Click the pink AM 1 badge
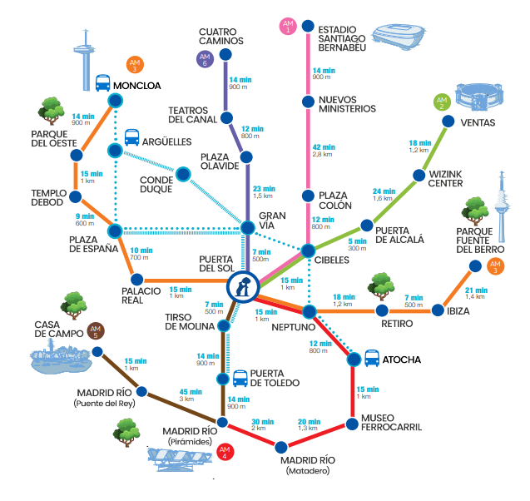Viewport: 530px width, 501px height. (289, 25)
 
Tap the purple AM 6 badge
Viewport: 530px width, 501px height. (205, 58)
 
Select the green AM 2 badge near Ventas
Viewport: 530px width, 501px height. (442, 103)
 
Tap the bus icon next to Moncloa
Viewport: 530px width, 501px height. (103, 83)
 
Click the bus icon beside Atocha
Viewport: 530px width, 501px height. (373, 360)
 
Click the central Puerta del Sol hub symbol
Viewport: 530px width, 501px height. (242, 287)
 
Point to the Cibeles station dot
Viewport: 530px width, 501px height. (308, 250)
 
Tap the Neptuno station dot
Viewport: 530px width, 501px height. (310, 311)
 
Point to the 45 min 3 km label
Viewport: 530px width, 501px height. (191, 396)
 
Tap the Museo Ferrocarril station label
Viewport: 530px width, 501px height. (391, 422)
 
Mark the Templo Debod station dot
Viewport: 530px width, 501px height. (75, 197)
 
